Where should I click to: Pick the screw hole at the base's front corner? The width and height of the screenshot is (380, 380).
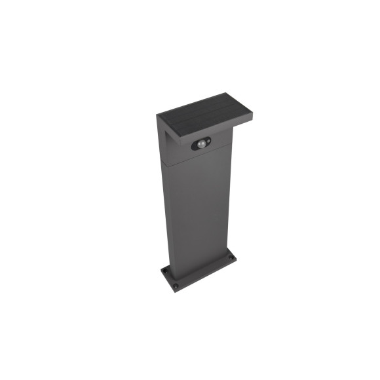(175, 286)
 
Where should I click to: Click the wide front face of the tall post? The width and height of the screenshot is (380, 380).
(197, 210)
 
